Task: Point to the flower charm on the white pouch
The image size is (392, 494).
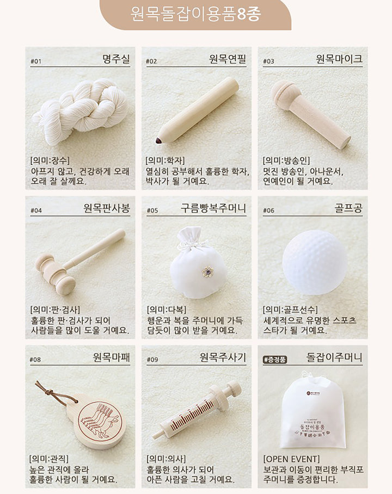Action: point(207,271)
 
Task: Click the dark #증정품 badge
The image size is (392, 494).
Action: point(275,359)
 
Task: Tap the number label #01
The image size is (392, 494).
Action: point(36,61)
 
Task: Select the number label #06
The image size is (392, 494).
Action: point(268,211)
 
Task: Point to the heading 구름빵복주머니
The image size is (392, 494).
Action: point(213,208)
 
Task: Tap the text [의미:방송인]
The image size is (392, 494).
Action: point(286,160)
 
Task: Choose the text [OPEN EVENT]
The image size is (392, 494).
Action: point(291,459)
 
